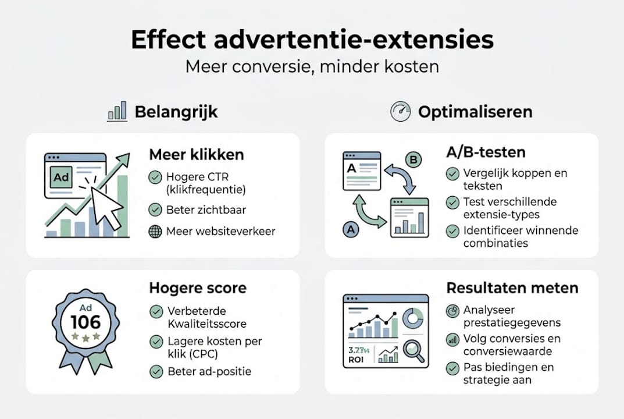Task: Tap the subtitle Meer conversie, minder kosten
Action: pyautogui.click(x=312, y=66)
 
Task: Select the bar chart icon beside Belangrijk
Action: pyautogui.click(x=117, y=111)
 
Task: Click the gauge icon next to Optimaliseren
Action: pyautogui.click(x=400, y=111)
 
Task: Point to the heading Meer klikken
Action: pyautogui.click(x=197, y=155)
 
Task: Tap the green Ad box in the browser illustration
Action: pyautogui.click(x=61, y=177)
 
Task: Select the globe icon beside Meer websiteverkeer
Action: pyautogui.click(x=155, y=231)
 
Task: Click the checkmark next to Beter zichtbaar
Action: pyautogui.click(x=155, y=210)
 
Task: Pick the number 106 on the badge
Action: pyautogui.click(x=85, y=322)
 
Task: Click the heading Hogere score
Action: pyautogui.click(x=198, y=287)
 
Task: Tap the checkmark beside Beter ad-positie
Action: pyautogui.click(x=155, y=371)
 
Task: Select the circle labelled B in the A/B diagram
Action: pyautogui.click(x=413, y=159)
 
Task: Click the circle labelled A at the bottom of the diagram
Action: pyautogui.click(x=350, y=230)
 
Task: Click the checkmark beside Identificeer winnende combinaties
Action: pyautogui.click(x=452, y=231)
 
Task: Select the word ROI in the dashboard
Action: pyautogui.click(x=356, y=359)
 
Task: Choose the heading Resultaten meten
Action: pyautogui.click(x=512, y=287)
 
